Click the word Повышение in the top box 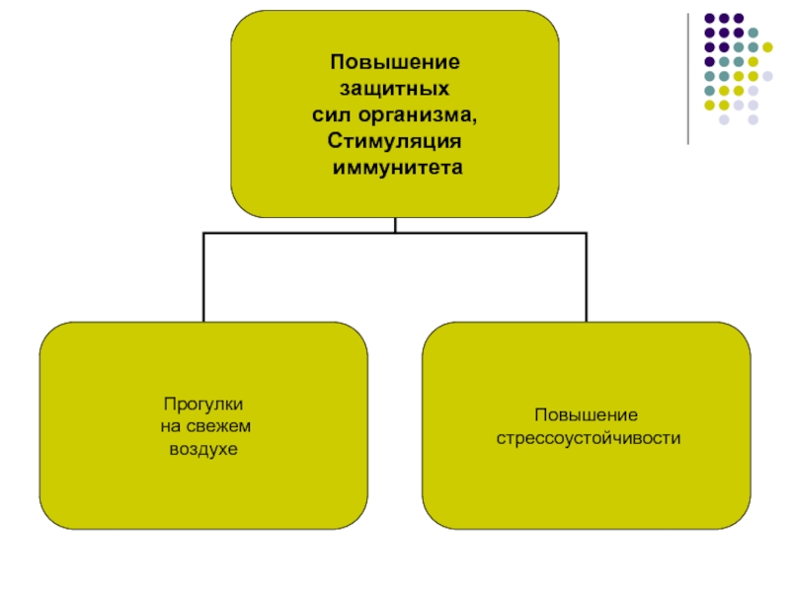pyautogui.click(x=395, y=62)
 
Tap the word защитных pyautogui.click(x=395, y=89)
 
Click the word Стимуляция pyautogui.click(x=395, y=142)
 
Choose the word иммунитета pyautogui.click(x=397, y=169)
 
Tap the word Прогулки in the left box pyautogui.click(x=204, y=405)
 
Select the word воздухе pyautogui.click(x=201, y=449)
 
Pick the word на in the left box pyautogui.click(x=170, y=427)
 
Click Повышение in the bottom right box pyautogui.click(x=587, y=415)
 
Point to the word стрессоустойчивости pyautogui.click(x=588, y=437)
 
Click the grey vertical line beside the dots pyautogui.click(x=689, y=79)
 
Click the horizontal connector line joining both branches pyautogui.click(x=395, y=234)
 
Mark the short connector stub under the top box pyautogui.click(x=395, y=225)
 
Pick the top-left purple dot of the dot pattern pyautogui.click(x=708, y=18)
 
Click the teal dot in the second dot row pyautogui.click(x=752, y=33)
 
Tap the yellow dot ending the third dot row pyautogui.click(x=767, y=46)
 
